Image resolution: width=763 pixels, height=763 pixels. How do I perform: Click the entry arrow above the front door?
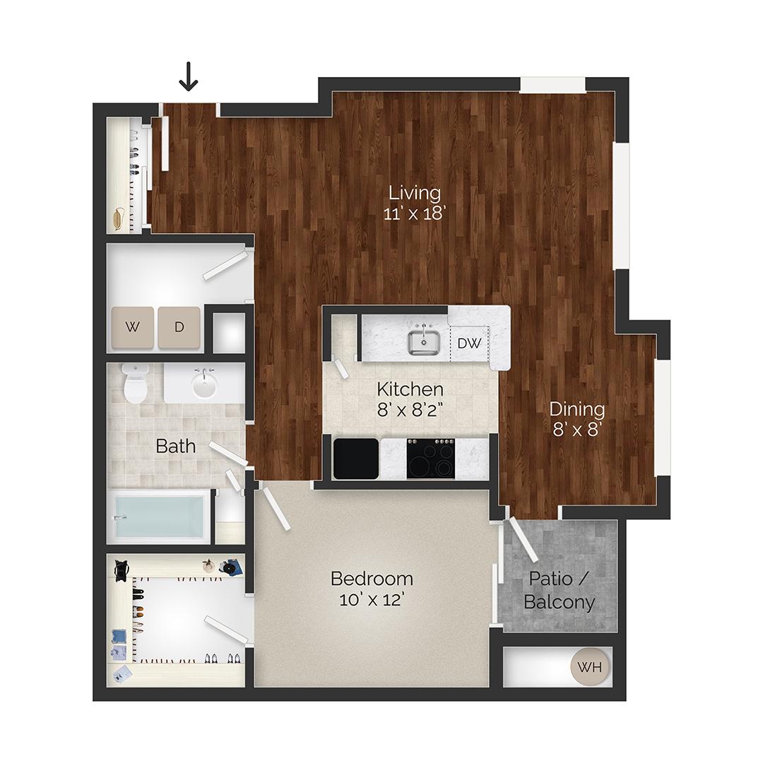point(188,77)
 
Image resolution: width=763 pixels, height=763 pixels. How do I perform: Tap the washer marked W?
point(132,327)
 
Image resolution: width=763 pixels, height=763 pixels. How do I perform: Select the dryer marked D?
point(179,327)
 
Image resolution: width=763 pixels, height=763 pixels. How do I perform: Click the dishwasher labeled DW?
point(469,343)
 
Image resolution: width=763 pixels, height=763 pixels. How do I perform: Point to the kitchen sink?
point(425,343)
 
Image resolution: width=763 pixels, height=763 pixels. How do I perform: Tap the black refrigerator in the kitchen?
point(355,459)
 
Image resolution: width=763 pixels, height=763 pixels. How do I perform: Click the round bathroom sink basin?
point(204,386)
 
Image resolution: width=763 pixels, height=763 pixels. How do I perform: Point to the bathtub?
point(161,517)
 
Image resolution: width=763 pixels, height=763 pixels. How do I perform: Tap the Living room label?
point(415,192)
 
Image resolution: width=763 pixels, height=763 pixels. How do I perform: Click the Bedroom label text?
point(372,579)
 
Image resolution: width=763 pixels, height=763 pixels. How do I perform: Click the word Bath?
point(176,446)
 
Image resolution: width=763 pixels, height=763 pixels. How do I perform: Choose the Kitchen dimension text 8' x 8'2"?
point(410,410)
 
